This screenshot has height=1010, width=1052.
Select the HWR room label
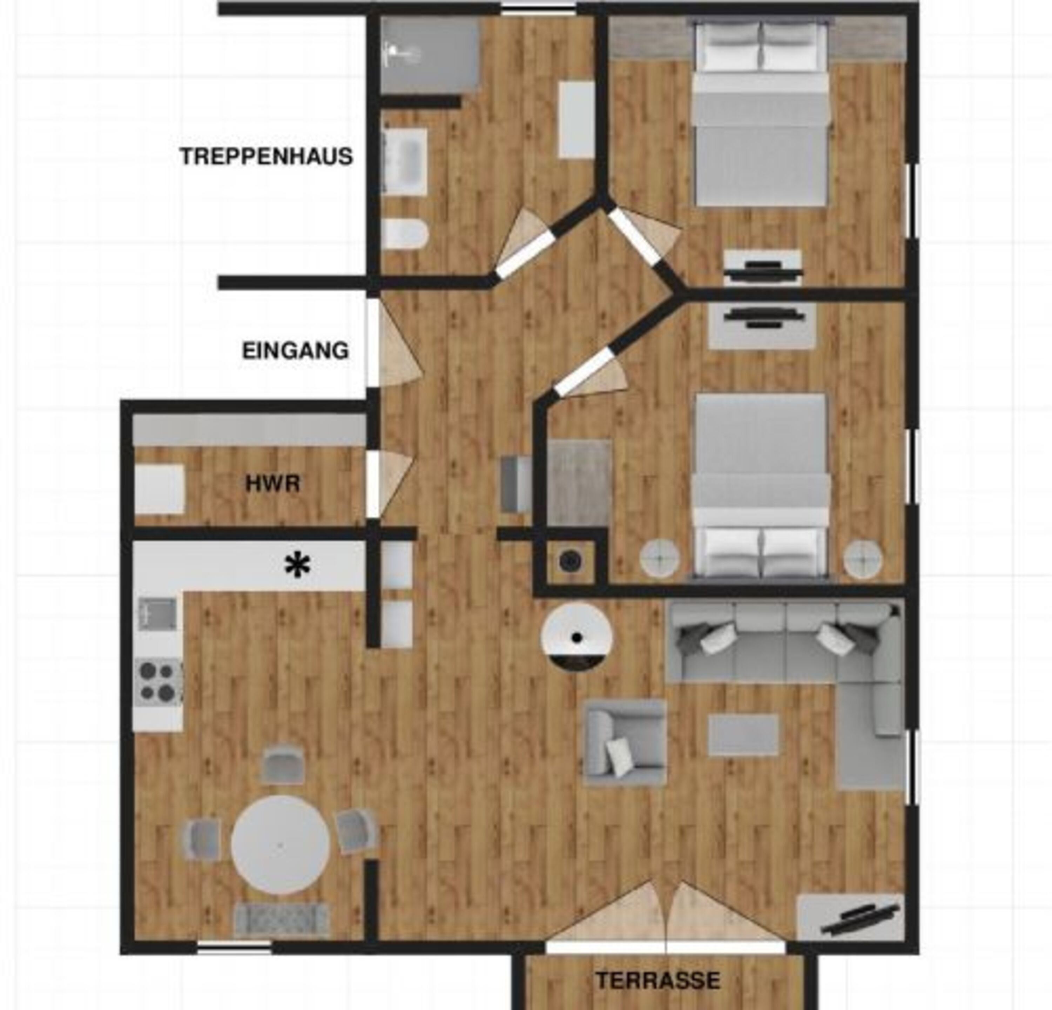pyautogui.click(x=273, y=484)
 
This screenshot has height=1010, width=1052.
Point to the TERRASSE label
pyautogui.click(x=658, y=981)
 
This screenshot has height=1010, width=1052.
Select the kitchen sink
pyautogui.click(x=158, y=613)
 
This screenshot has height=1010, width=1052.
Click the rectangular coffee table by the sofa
pyautogui.click(x=743, y=735)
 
